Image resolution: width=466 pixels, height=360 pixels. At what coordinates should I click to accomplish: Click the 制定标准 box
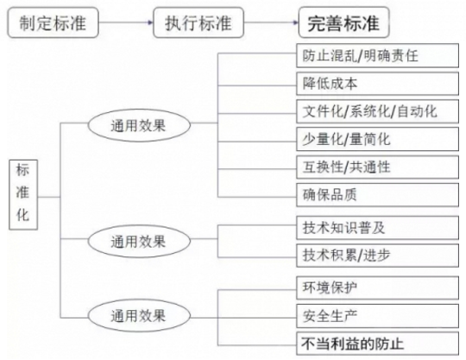click(x=53, y=22)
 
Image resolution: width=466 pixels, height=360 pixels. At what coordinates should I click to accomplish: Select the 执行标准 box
click(x=198, y=22)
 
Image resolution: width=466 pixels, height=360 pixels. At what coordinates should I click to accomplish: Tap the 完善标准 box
click(x=343, y=22)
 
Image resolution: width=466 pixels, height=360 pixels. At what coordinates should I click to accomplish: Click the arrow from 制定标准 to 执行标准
click(x=126, y=22)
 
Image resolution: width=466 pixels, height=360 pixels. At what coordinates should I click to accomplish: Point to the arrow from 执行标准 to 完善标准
click(x=271, y=22)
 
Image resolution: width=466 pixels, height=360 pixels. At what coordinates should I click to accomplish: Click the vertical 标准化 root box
click(x=23, y=195)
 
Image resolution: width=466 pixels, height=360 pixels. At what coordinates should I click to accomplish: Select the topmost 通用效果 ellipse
click(x=139, y=125)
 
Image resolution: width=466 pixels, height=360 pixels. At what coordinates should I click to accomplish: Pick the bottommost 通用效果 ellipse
click(x=139, y=315)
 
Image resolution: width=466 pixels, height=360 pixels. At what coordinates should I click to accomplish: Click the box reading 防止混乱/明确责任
click(x=377, y=55)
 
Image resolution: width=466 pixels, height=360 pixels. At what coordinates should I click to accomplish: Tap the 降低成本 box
click(x=377, y=84)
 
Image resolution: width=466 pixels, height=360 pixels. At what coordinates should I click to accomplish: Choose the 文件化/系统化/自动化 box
click(x=377, y=111)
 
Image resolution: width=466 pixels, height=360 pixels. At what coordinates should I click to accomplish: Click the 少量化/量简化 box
click(x=377, y=139)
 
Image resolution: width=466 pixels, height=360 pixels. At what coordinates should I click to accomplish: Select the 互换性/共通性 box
click(x=377, y=167)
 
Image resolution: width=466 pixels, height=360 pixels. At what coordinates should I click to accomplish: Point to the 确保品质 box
click(x=377, y=195)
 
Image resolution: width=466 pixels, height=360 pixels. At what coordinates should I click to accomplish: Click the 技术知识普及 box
click(x=377, y=228)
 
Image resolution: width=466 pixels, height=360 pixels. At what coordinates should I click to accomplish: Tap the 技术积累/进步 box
click(x=377, y=256)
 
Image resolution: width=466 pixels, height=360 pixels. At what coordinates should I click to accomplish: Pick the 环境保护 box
click(x=377, y=287)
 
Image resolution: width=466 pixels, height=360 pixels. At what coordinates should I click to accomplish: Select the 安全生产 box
click(x=377, y=316)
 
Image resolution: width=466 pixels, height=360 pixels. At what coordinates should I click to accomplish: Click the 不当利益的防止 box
click(x=377, y=344)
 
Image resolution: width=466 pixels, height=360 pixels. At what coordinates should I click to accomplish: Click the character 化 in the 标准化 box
click(x=23, y=215)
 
